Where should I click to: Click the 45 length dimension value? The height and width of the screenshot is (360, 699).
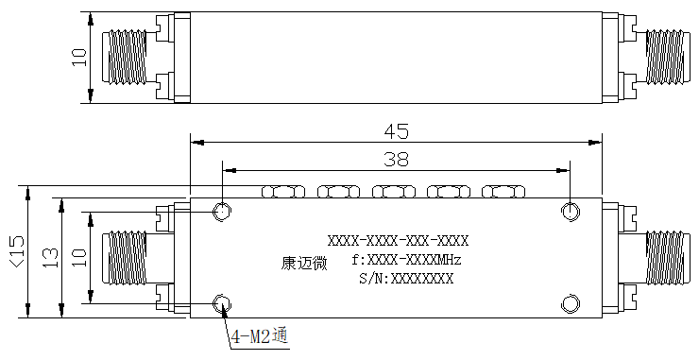[x=396, y=131]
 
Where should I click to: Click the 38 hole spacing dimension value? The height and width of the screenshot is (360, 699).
[x=396, y=159]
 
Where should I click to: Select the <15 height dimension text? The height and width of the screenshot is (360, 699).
[x=17, y=252]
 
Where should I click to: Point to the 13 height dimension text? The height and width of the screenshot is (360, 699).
[x=50, y=258]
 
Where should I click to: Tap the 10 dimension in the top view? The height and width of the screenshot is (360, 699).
[x=79, y=57]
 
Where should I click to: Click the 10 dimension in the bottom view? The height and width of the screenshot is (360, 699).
[x=79, y=257]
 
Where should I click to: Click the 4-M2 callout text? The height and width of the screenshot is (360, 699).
[x=261, y=336]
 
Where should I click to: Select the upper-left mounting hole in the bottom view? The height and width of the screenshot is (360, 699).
[x=222, y=211]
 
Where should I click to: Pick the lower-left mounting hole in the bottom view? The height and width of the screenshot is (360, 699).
[x=222, y=304]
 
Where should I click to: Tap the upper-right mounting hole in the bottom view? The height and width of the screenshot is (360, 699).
[x=571, y=211]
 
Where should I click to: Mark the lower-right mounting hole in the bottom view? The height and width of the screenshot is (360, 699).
[x=571, y=304]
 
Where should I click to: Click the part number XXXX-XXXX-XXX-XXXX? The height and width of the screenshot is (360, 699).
[x=398, y=241]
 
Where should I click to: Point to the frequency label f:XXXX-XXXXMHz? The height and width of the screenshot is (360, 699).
[x=406, y=260]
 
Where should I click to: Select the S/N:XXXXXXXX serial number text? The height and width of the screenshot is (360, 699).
[x=406, y=279]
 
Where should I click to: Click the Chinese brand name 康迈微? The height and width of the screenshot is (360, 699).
[x=304, y=263]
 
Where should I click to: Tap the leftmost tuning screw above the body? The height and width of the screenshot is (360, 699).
[x=283, y=192]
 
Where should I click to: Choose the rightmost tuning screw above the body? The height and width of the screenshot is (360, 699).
[x=503, y=192]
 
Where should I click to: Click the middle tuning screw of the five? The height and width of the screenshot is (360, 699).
[x=394, y=192]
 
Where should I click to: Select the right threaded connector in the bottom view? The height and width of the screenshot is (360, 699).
[x=664, y=258]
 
